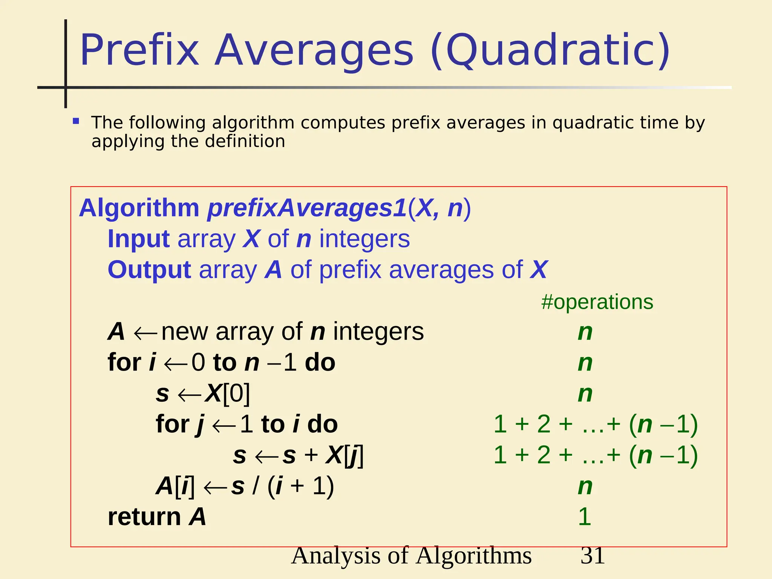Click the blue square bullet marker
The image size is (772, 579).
76,121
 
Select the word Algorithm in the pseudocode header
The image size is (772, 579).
139,208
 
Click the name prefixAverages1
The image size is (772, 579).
307,208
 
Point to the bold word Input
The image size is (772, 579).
139,239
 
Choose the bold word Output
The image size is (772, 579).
149,270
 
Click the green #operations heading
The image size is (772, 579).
597,302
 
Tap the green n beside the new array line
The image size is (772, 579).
585,332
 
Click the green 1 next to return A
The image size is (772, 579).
584,516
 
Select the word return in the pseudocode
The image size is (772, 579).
144,516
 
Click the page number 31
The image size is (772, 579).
593,556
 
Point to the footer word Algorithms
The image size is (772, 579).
474,556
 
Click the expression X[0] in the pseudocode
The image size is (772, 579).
227,394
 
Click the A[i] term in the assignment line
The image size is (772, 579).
175,486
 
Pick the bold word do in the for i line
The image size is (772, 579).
320,363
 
